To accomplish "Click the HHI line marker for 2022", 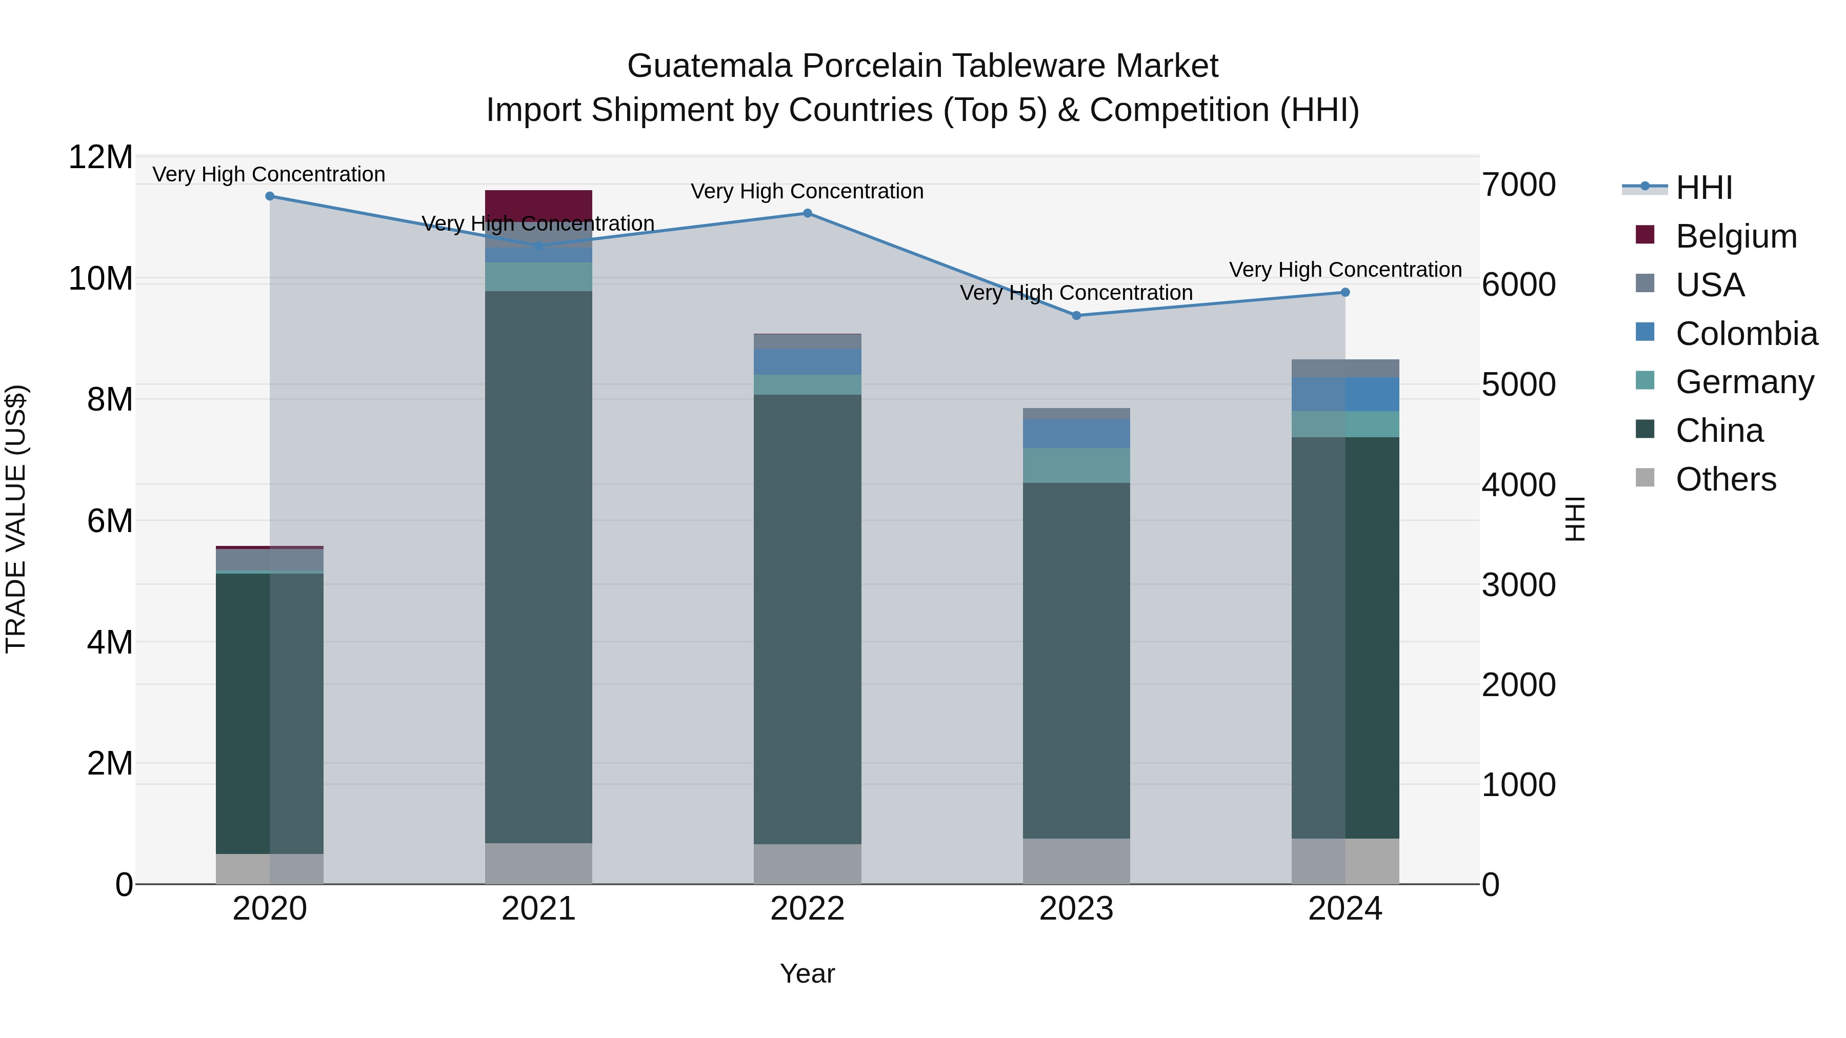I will tap(807, 213).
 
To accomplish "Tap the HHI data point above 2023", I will tap(1076, 315).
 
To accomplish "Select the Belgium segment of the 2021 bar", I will tap(538, 205).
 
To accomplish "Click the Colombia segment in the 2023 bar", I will tap(1076, 433).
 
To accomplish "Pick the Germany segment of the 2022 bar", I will tap(807, 384).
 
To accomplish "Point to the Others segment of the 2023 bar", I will tap(1076, 861).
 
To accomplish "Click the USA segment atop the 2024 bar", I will tap(1345, 368).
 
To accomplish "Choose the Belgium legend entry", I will tap(1736, 236).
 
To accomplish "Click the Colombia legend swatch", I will tap(1646, 332).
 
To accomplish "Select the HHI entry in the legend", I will tap(1704, 188).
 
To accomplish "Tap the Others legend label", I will tap(1725, 479).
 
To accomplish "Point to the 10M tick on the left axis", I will tap(101, 279).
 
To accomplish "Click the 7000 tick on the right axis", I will tap(1518, 185).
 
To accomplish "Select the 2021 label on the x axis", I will tap(538, 909).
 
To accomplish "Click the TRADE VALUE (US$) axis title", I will tap(16, 519).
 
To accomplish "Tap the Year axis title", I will tap(807, 973).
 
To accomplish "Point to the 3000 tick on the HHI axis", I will tap(1518, 584).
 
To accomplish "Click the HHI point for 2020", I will tap(269, 196).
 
